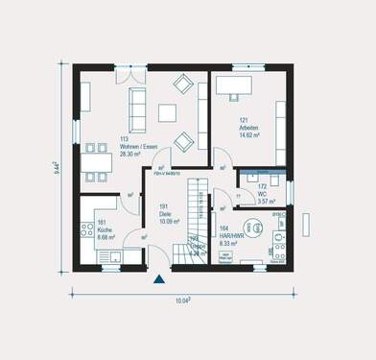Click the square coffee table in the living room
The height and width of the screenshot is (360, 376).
[167, 112]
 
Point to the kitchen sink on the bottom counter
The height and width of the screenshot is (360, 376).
[114, 256]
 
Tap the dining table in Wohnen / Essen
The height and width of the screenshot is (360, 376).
[96, 161]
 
